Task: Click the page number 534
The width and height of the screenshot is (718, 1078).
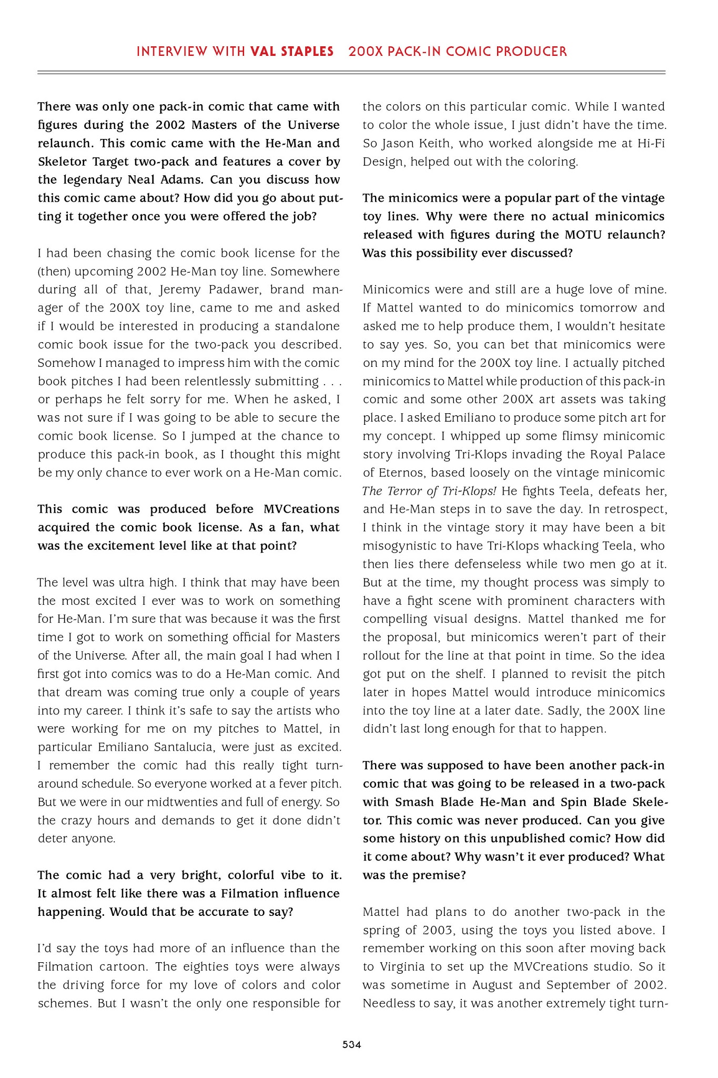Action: click(351, 1045)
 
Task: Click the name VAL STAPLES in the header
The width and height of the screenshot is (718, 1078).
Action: click(292, 52)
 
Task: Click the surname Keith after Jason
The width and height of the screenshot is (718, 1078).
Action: click(427, 143)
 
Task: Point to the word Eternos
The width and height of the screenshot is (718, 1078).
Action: click(400, 473)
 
